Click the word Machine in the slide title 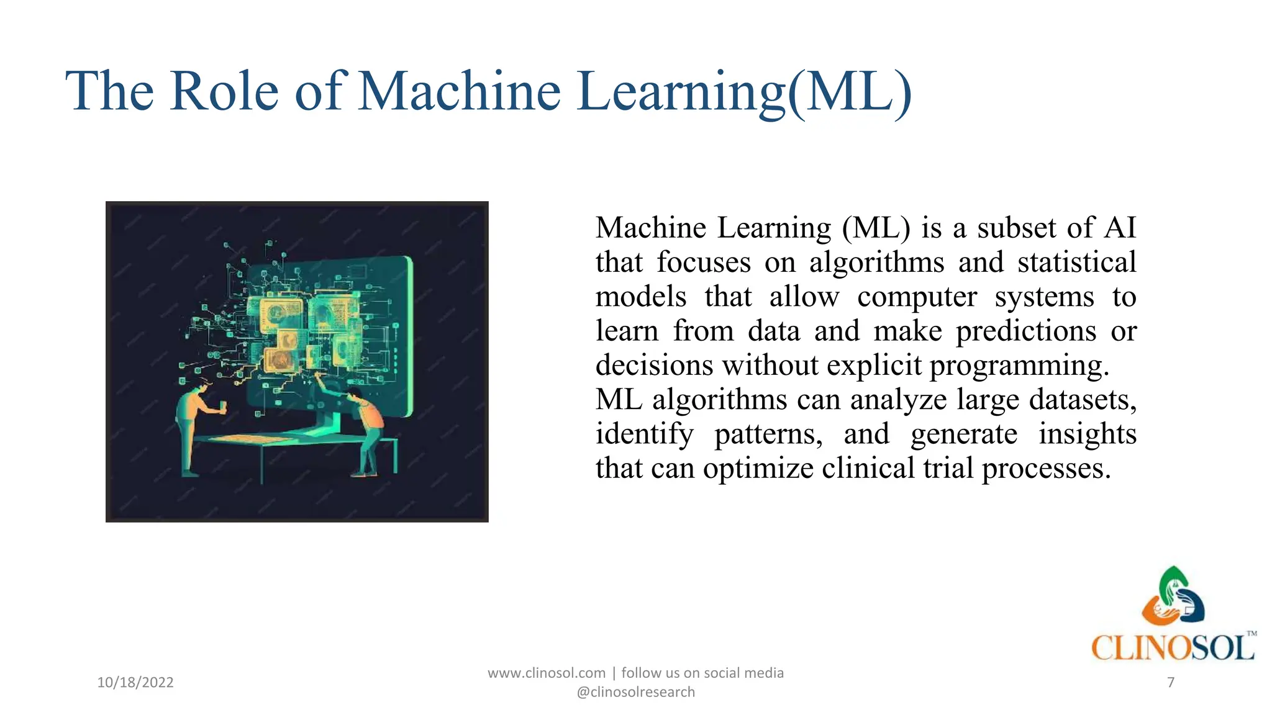460,92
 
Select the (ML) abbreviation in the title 850,92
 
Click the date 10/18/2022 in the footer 135,683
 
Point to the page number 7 1171,683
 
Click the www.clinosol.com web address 547,673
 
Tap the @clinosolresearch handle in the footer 636,692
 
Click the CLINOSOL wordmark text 1173,648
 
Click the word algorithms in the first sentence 876,263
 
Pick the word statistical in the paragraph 1076,263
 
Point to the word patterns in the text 768,434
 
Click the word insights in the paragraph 1087,434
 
